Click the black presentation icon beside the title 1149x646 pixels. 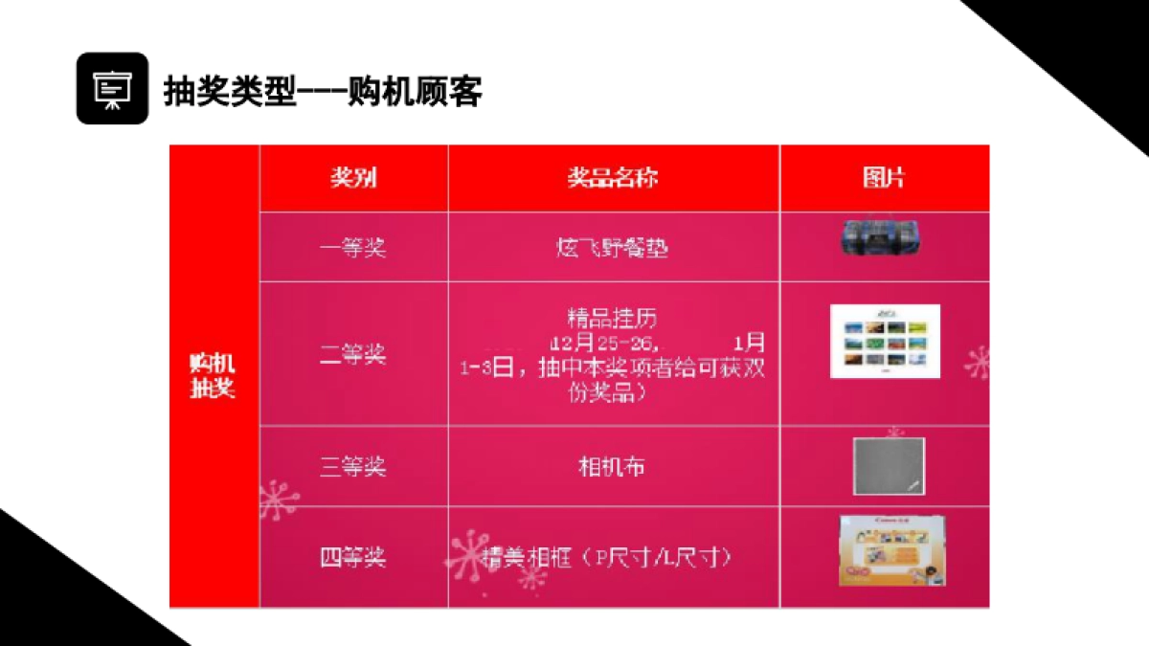(x=112, y=88)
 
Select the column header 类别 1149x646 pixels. (x=353, y=178)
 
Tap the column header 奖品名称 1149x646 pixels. (x=613, y=178)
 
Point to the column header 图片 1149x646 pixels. (x=884, y=178)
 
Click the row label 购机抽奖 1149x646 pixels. (x=213, y=376)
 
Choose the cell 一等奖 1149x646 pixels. (x=352, y=248)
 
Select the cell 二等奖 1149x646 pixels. (x=352, y=354)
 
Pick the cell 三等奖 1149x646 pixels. (x=352, y=467)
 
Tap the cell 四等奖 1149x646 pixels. (x=352, y=557)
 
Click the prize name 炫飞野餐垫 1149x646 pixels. (x=613, y=248)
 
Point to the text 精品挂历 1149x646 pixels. (x=613, y=318)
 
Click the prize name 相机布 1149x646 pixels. (x=613, y=467)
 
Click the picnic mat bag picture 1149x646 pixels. (x=885, y=237)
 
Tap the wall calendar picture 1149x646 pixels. (x=885, y=341)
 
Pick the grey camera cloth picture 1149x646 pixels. (x=889, y=466)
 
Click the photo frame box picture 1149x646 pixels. (x=887, y=551)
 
